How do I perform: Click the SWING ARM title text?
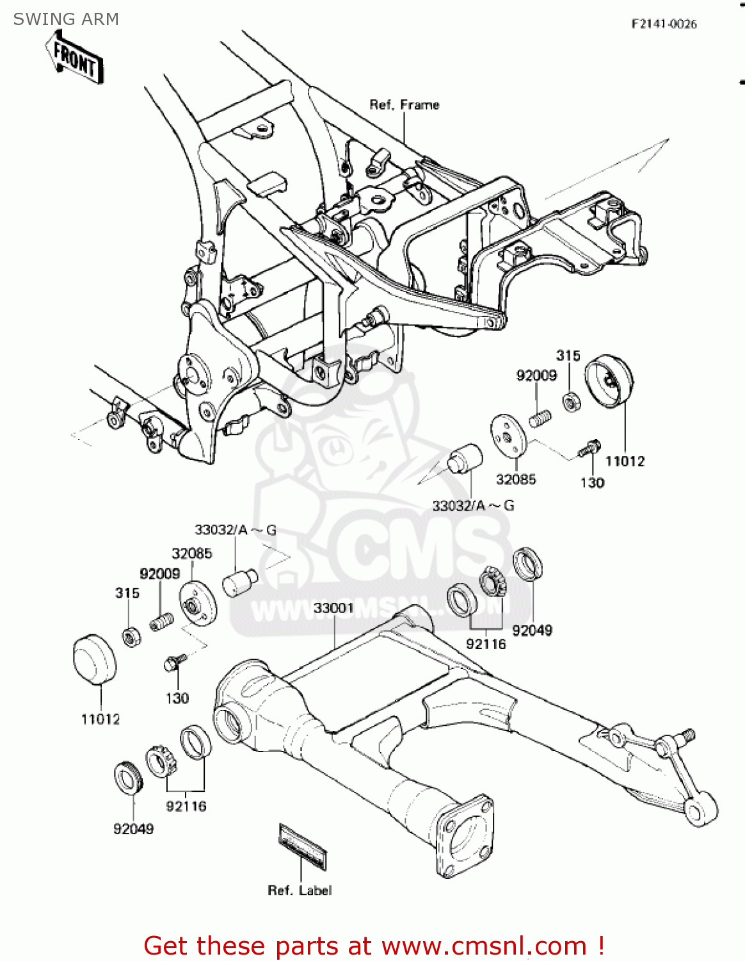66,19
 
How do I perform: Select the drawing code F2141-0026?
664,24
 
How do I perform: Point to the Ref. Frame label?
404,104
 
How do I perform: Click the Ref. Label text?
300,890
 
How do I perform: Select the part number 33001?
333,607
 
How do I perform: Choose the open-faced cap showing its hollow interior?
610,382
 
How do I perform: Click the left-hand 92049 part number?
133,829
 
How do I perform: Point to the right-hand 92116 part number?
486,644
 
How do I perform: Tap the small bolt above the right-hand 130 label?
589,447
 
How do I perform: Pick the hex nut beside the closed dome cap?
132,636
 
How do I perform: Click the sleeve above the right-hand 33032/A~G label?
464,457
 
